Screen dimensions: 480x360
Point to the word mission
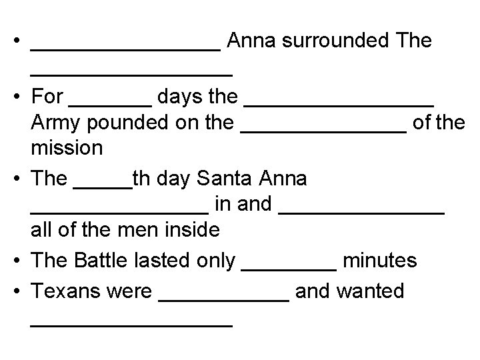(x=67, y=147)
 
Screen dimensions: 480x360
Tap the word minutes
(x=379, y=260)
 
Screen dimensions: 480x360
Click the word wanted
(x=371, y=291)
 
